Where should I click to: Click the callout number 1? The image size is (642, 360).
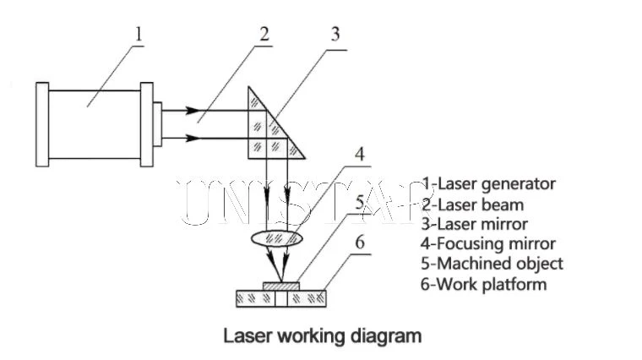pos(139,34)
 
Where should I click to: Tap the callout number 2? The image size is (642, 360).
pos(264,34)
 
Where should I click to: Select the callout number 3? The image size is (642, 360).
pos(335,34)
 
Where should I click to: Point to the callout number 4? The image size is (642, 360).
pos(360,155)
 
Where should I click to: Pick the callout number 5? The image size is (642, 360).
pos(360,202)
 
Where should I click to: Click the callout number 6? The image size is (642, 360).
pos(360,242)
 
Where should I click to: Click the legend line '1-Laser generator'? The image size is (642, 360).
pos(489,184)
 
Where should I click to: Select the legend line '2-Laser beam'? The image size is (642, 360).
pos(473,205)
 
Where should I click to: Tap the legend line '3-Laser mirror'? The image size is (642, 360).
pos(475,224)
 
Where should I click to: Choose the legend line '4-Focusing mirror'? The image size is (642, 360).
pos(488,244)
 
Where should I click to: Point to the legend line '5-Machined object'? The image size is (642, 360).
pos(492,264)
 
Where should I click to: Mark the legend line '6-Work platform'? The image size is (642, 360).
pos(483,284)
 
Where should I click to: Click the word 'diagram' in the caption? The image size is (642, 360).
pos(386,336)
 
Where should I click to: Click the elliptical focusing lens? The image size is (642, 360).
pos(277,239)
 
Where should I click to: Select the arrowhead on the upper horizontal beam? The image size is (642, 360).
pos(193,111)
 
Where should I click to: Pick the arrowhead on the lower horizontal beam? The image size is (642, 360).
pos(193,139)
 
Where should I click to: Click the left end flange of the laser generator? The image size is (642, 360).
pos(42,124)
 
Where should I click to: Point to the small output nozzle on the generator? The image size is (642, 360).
pos(158,124)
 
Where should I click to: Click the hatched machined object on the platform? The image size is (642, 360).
pos(281,286)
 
